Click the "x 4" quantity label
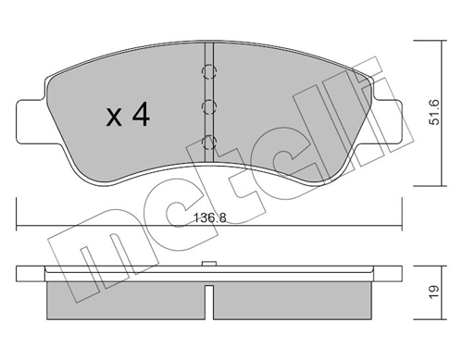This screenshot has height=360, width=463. [128, 117]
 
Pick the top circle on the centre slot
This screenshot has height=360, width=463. [209, 71]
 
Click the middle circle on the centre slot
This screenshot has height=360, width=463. [209, 106]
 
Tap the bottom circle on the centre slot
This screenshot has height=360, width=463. [209, 142]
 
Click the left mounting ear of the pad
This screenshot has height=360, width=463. [31, 115]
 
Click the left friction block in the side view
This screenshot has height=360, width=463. [124, 297]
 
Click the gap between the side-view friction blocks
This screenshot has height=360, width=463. [210, 297]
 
